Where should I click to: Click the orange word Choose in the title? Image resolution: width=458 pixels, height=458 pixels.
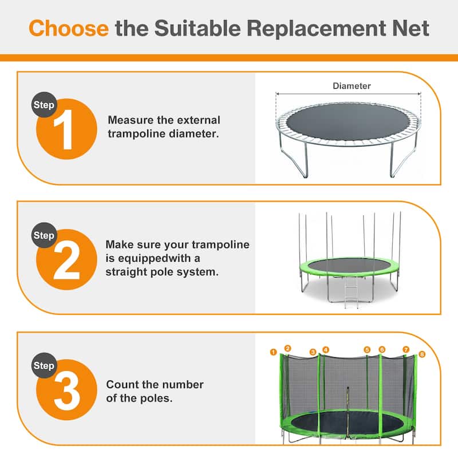coord(68,28)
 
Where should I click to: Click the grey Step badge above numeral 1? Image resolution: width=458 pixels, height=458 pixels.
coord(44,105)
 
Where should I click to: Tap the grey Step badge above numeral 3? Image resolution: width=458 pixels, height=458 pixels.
coord(44,366)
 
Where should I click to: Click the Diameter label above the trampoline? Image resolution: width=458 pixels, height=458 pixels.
coord(352,86)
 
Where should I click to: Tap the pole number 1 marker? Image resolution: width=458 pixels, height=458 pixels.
coord(274,352)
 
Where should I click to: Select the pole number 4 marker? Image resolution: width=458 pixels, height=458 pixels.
coord(326,349)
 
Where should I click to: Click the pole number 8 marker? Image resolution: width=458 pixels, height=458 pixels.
coord(423,354)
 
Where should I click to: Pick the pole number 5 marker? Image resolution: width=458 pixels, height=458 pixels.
coord(367,349)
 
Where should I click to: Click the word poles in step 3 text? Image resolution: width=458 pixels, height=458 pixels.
coord(157,398)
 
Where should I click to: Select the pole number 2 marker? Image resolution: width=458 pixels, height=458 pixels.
coord(288,348)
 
